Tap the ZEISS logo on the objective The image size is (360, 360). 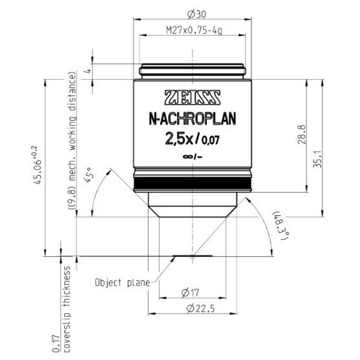(191, 97)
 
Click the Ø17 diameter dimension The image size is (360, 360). (191, 292)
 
